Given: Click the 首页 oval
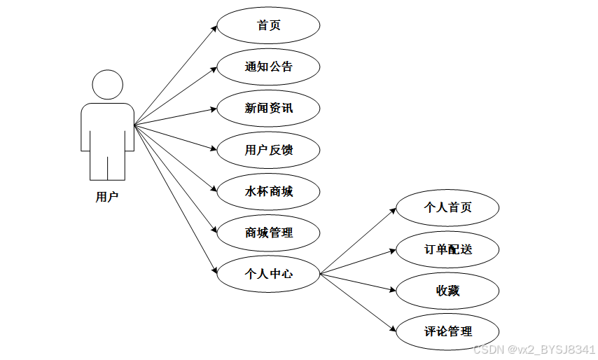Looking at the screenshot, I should coord(269,26).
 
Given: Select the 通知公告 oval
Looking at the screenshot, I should coord(269,67).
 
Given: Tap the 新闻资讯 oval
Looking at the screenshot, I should coord(269,109).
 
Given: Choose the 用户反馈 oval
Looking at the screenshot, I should coord(269,150).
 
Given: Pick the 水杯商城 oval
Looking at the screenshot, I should coord(269,191).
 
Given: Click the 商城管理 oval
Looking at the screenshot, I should coord(269,233).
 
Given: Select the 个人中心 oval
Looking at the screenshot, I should coord(269,274).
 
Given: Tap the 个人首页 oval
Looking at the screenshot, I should coord(448,208).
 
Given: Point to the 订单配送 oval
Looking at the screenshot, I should coord(448,249).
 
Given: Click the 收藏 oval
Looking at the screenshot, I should coord(448,291).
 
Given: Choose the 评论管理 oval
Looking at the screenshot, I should coord(448,332).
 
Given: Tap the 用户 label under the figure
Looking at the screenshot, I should coord(107,198).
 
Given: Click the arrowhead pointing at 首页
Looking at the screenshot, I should coord(214,28).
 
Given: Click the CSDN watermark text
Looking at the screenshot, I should coord(534,349).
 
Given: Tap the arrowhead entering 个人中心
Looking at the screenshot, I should coord(214,271).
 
